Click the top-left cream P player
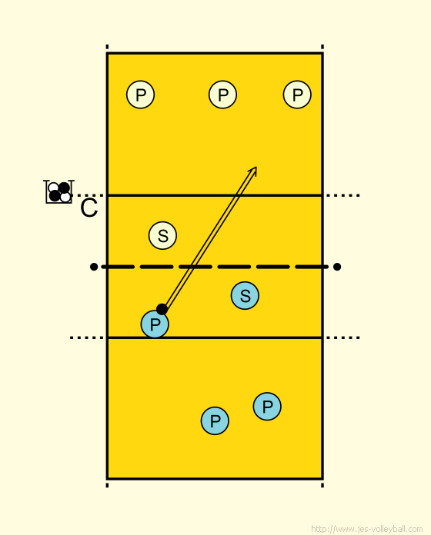(140, 95)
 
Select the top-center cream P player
(222, 95)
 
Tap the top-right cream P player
(297, 95)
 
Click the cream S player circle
(162, 235)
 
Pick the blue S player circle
(245, 295)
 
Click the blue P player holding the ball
(155, 324)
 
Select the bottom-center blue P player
(215, 420)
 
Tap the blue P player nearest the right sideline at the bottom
(267, 407)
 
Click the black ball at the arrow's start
(162, 309)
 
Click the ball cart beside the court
(58, 191)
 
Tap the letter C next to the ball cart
(89, 208)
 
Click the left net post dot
(94, 267)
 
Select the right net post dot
(337, 267)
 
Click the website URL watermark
(367, 529)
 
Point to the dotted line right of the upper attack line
(342, 195)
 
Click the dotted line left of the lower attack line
(87, 337)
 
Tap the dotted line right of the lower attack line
(342, 337)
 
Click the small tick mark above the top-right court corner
(322, 47)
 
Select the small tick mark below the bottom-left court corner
(107, 485)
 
